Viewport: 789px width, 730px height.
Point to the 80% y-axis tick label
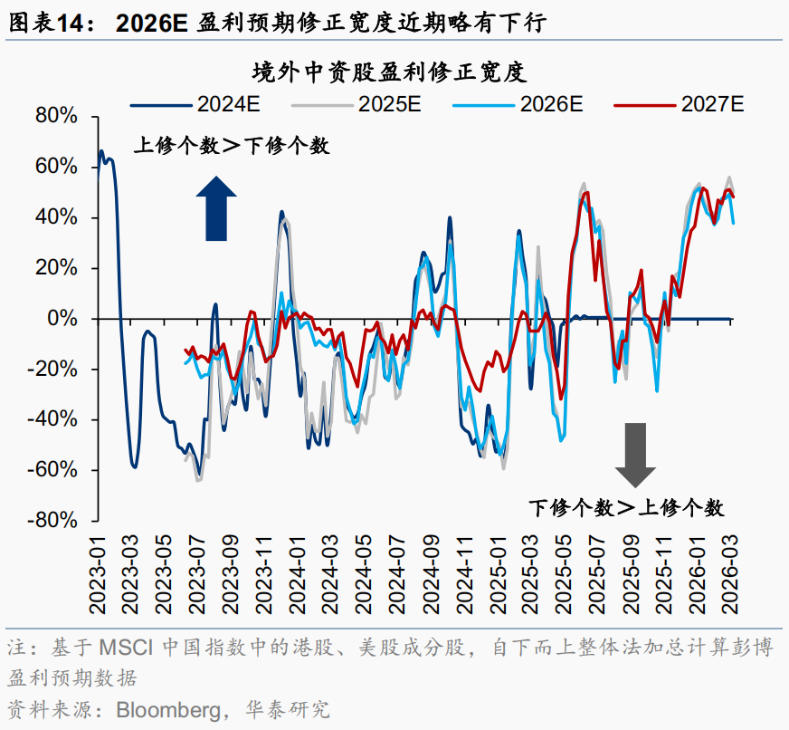[x=56, y=117]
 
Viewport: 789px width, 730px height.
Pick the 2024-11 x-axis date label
[x=464, y=563]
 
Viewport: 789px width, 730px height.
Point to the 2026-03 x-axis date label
[x=730, y=563]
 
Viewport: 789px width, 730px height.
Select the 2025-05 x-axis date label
[x=564, y=563]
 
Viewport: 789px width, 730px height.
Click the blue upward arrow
[x=215, y=208]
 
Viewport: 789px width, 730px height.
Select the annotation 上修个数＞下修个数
[x=233, y=145]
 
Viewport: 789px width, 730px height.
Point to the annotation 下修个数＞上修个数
[x=626, y=507]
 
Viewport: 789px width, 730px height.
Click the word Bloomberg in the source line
[x=166, y=708]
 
